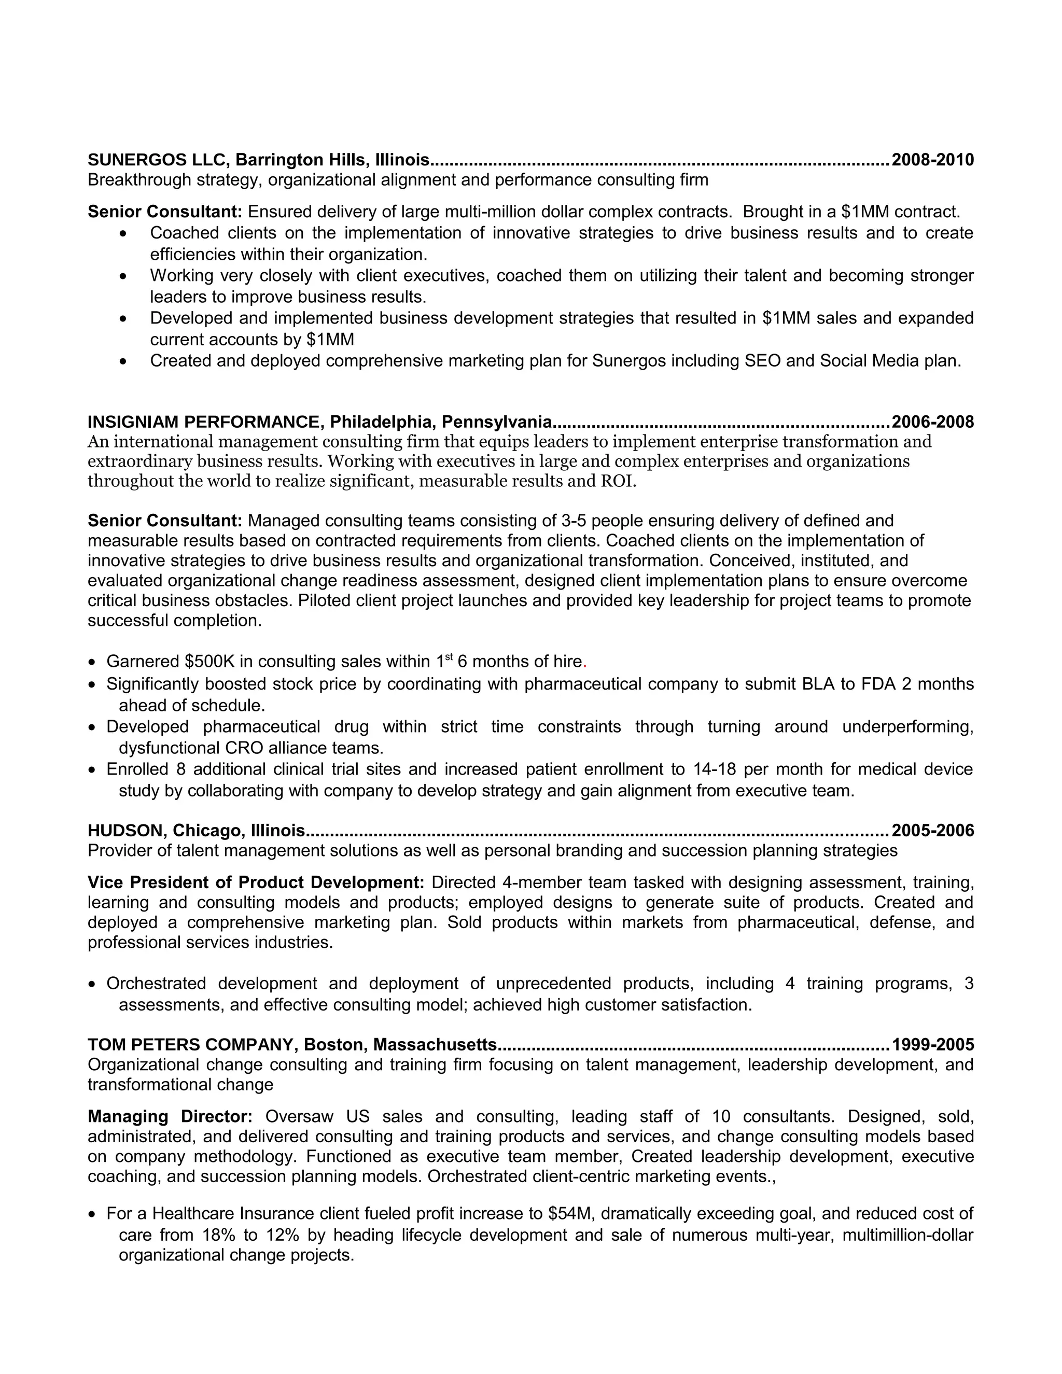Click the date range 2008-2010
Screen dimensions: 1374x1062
pyautogui.click(x=932, y=160)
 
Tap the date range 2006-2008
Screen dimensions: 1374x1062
pyautogui.click(x=932, y=422)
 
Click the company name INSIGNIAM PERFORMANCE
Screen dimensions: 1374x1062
pyautogui.click(x=205, y=422)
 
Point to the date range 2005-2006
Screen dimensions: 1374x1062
pyautogui.click(x=932, y=831)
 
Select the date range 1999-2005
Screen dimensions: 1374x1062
pyautogui.click(x=932, y=1044)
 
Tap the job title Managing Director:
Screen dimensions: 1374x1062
pyautogui.click(x=170, y=1117)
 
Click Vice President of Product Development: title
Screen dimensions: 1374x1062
pyautogui.click(x=256, y=882)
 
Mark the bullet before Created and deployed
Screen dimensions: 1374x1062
pyautogui.click(x=123, y=362)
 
